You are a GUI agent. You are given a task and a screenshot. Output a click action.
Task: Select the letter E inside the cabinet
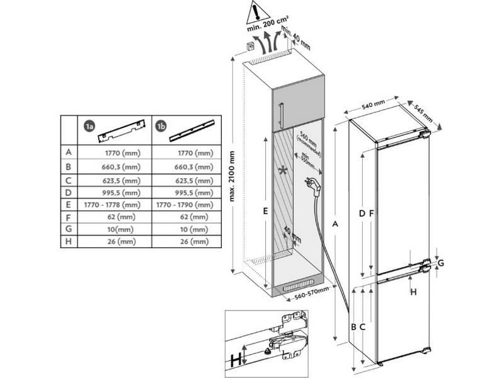point(266,212)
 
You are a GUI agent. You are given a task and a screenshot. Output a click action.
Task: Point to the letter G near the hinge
point(441,262)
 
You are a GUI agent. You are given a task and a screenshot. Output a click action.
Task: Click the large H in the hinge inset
point(236,361)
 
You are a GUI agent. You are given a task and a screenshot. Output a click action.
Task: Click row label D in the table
point(67,192)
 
